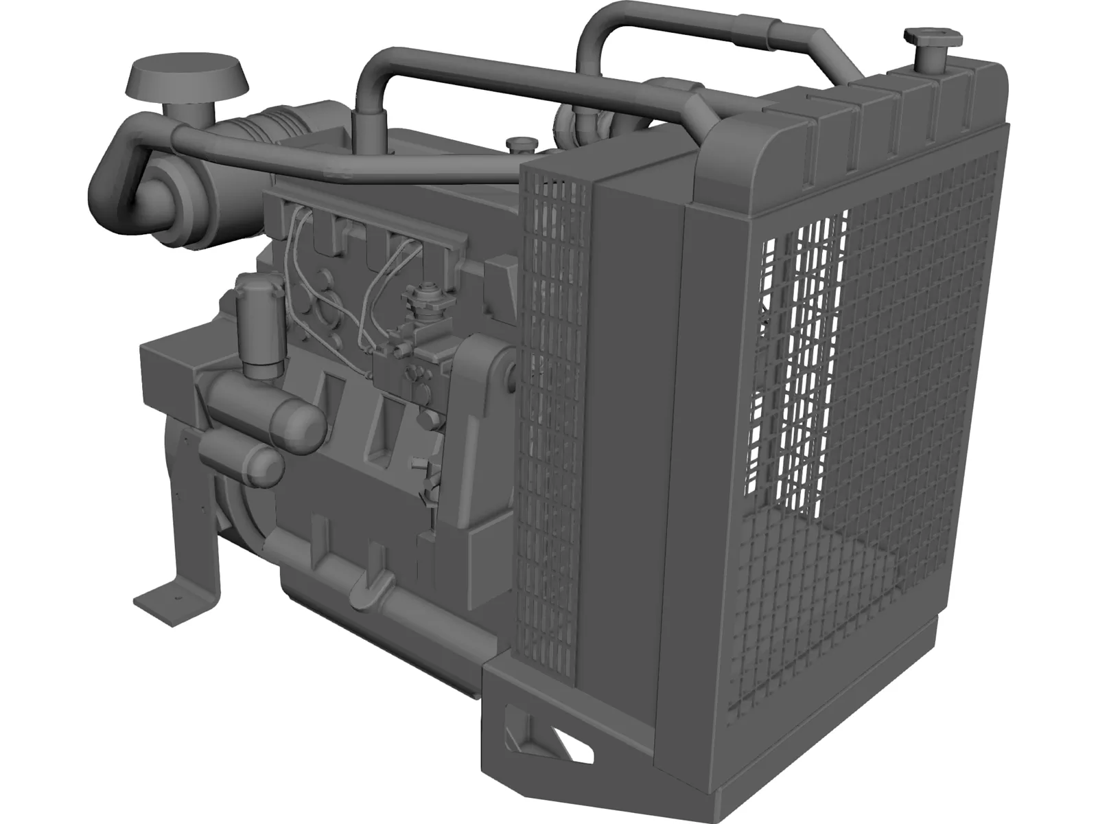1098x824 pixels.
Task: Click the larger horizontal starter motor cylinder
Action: coord(268,414)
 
